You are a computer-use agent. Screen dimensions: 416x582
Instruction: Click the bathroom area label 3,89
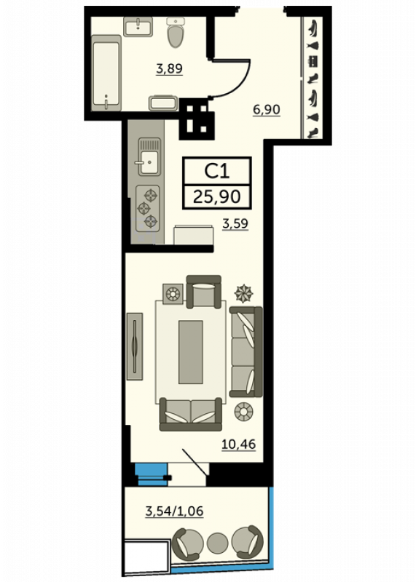(x=170, y=68)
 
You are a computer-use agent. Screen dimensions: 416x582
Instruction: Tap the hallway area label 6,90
(x=266, y=110)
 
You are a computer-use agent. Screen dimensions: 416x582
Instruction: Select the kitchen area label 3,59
(x=235, y=224)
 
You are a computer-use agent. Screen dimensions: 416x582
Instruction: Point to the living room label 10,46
(x=238, y=444)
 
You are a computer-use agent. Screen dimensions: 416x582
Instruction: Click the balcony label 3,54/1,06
(x=174, y=511)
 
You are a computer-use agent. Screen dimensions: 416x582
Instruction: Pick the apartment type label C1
(x=217, y=171)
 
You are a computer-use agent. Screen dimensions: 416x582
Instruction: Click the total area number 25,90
(x=217, y=196)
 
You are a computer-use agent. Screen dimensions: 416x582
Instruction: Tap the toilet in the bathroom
(x=176, y=32)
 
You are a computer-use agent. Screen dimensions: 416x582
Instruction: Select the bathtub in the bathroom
(x=106, y=73)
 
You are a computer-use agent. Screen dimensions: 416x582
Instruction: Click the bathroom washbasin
(x=138, y=26)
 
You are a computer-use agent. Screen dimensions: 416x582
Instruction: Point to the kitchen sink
(x=149, y=156)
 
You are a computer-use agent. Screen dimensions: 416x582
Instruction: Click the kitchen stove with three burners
(x=148, y=208)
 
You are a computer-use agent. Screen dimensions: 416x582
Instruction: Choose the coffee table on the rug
(x=191, y=352)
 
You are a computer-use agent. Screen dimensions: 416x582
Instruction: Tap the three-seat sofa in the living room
(x=246, y=351)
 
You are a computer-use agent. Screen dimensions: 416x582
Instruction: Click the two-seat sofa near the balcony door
(x=191, y=414)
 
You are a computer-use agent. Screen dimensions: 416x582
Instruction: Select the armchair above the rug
(x=204, y=292)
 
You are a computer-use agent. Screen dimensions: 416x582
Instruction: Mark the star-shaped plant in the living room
(x=243, y=293)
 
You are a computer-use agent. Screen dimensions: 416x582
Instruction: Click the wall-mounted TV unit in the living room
(x=135, y=346)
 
